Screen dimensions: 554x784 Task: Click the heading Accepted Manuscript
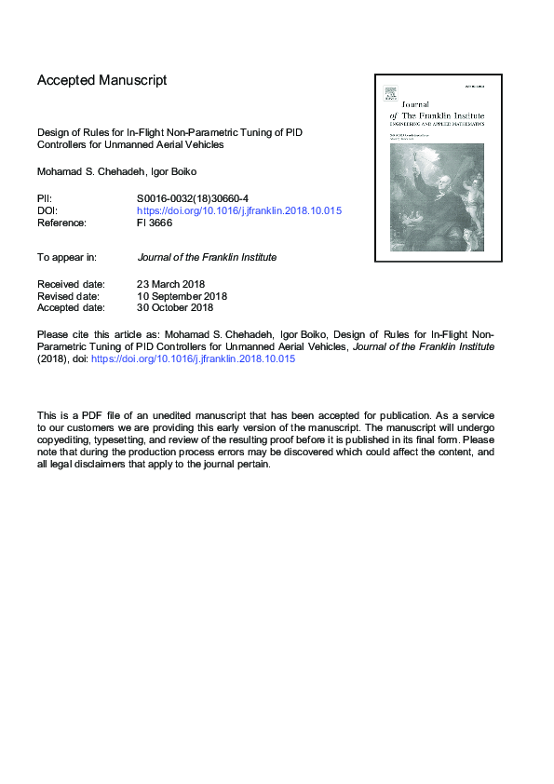(x=101, y=80)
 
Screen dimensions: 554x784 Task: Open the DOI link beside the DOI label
(x=239, y=210)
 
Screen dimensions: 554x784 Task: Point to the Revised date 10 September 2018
(x=182, y=295)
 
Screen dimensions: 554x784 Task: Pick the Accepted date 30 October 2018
(x=175, y=307)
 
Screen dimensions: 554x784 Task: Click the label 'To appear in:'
(x=70, y=257)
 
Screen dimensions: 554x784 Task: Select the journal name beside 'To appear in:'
(x=207, y=257)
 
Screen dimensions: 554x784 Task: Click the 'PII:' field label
(x=45, y=198)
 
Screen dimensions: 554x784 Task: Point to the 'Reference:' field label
(x=61, y=223)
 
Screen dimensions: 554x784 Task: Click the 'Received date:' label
(x=71, y=283)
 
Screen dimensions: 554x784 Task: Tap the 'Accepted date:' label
(x=71, y=307)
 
